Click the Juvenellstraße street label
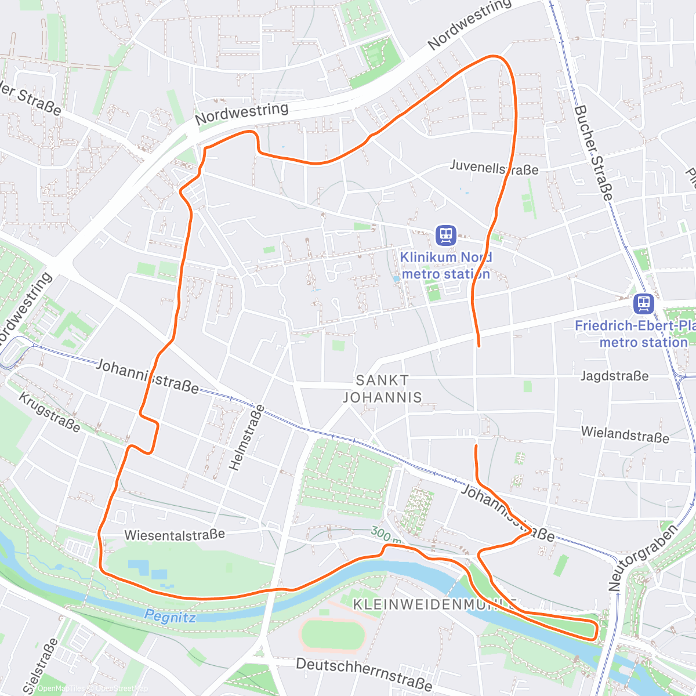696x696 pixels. (494, 168)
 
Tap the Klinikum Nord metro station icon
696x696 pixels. (445, 235)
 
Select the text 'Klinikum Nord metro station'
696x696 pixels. (445, 266)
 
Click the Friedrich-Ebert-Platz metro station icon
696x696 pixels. (644, 303)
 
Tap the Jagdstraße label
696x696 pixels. (614, 376)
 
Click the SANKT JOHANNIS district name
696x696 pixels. (382, 389)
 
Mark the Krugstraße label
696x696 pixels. (49, 412)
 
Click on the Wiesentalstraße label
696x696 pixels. (175, 534)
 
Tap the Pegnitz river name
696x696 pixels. (170, 617)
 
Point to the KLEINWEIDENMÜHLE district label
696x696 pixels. (435, 604)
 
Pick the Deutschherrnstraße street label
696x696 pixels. (364, 673)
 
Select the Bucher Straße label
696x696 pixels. (593, 153)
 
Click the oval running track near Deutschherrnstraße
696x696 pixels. (332, 635)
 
